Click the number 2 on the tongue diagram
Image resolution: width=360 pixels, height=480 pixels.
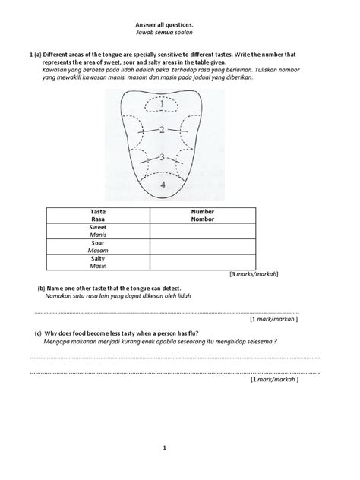pos(161,131)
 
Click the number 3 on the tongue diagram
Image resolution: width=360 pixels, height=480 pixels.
pos(160,157)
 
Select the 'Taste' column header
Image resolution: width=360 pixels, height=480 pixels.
pos(97,214)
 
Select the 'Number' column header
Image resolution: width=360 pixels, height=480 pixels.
pos(203,214)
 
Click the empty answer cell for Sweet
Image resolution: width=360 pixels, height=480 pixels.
pos(203,230)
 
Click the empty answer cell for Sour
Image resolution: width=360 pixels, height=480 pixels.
pos(203,246)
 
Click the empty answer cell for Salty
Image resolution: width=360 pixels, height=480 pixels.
pos(203,262)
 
